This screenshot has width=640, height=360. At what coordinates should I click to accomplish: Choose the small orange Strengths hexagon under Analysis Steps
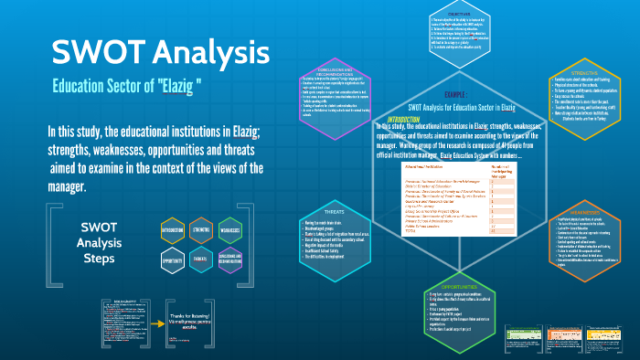click(x=201, y=229)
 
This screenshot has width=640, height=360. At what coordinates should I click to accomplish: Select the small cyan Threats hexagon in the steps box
click(x=201, y=259)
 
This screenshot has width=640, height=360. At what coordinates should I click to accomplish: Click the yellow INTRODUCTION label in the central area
click(x=403, y=119)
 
